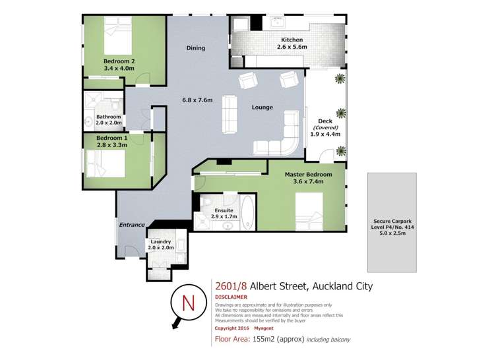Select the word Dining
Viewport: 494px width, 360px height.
(195, 47)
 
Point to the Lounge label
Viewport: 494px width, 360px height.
(262, 107)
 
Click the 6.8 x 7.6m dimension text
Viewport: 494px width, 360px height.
(197, 100)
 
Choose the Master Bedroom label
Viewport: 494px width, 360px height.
(306, 178)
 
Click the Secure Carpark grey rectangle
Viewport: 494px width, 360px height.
(392, 222)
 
